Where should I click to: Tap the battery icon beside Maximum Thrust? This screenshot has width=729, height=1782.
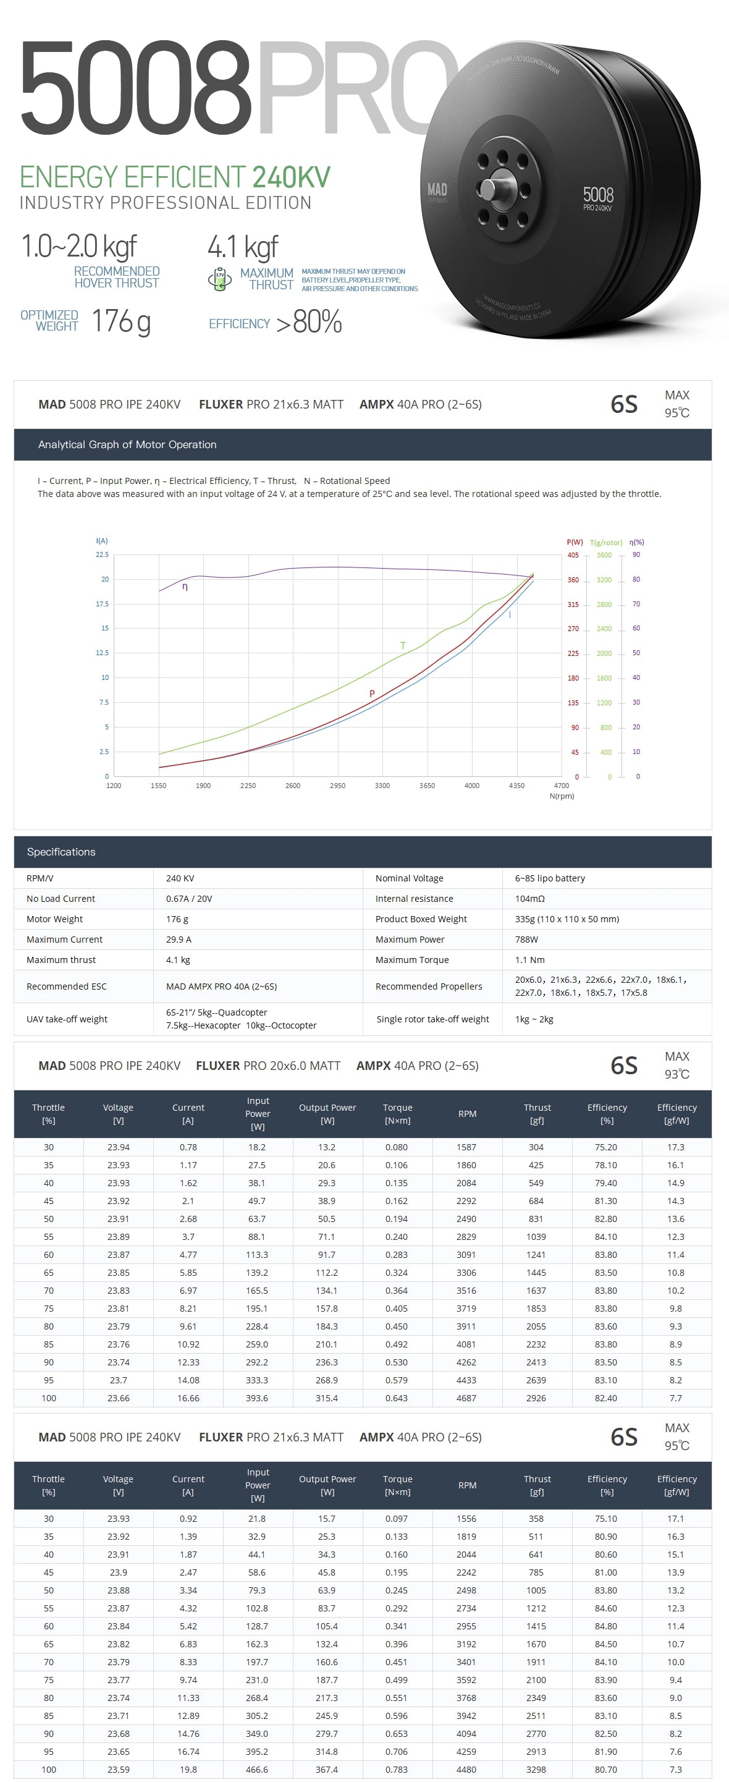point(220,278)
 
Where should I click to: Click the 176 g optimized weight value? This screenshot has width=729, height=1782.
point(121,321)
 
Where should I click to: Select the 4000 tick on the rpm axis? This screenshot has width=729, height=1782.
point(472,786)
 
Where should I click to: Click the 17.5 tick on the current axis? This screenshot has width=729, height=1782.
point(103,604)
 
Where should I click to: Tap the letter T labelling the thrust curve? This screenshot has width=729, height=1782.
point(403,645)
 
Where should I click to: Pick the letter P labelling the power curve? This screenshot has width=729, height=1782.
point(372,693)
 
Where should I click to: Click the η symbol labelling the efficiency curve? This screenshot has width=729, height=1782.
point(185,587)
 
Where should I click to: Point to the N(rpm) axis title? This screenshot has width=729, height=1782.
point(562,796)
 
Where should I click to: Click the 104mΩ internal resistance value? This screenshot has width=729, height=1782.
point(530,899)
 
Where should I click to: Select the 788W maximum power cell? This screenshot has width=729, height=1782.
point(526,940)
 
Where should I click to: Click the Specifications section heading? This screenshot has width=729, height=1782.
point(62,852)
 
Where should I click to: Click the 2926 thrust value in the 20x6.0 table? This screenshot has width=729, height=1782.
point(536,1398)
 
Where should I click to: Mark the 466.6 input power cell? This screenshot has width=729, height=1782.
point(256,1770)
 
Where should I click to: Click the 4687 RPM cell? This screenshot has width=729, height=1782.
point(466,1398)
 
